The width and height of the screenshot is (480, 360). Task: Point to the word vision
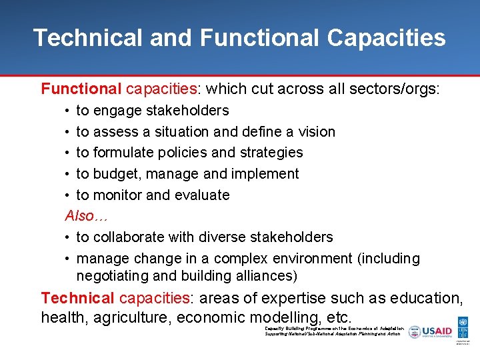[x=317, y=132]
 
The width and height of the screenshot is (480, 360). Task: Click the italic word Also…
[x=86, y=216]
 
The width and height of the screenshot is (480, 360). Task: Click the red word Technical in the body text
[x=78, y=298]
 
